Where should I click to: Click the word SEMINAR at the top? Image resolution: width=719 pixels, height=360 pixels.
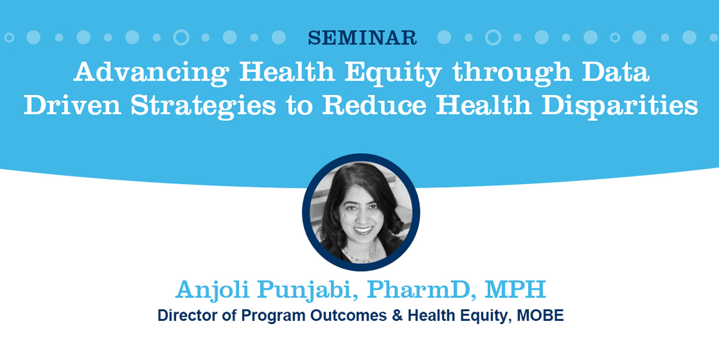(362, 38)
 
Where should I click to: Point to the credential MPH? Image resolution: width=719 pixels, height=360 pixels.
(515, 289)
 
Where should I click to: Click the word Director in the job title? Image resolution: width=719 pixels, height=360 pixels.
(185, 315)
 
